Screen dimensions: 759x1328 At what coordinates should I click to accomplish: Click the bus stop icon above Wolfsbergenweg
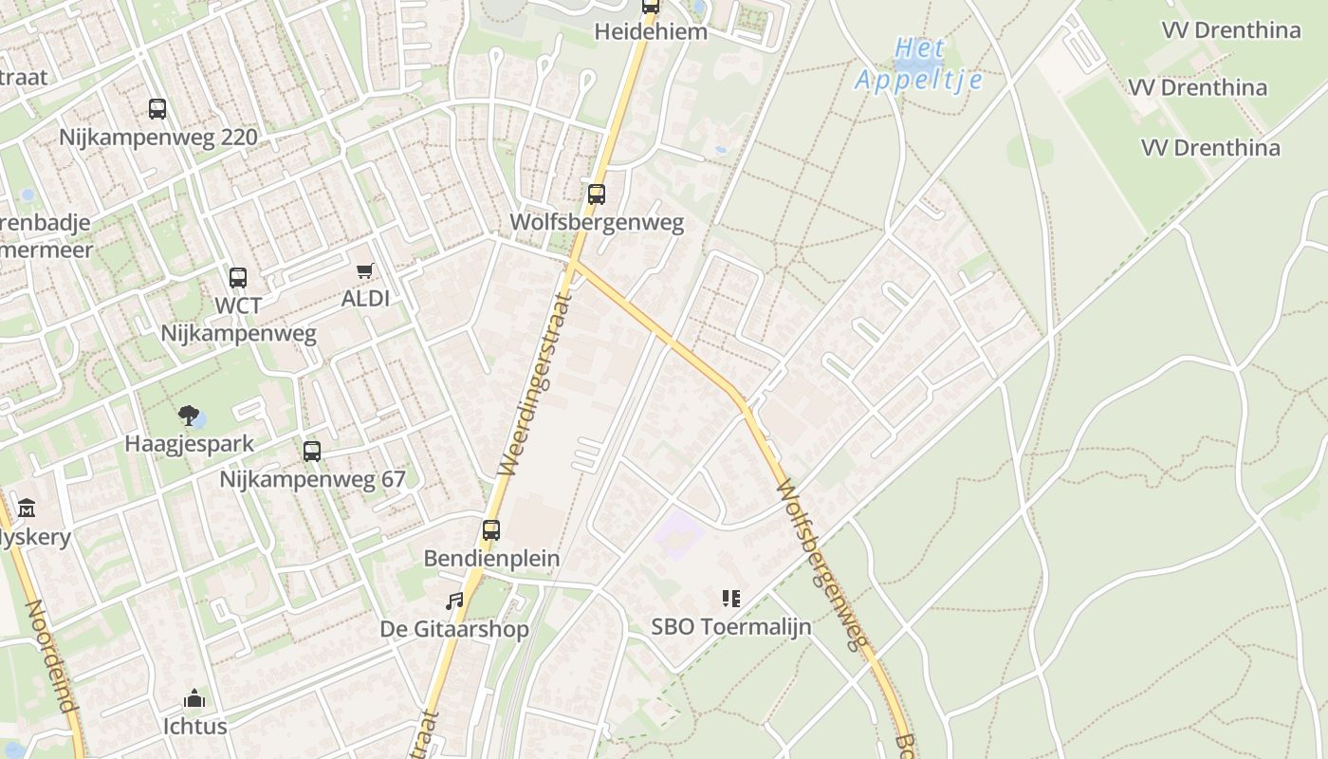click(x=596, y=194)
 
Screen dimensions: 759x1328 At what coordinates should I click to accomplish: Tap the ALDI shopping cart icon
click(x=365, y=272)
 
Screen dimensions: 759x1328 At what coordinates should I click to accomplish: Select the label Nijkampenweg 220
click(x=158, y=138)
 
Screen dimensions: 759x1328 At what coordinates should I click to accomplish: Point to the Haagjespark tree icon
click(x=189, y=415)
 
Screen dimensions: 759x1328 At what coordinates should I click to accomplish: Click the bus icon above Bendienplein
click(x=490, y=530)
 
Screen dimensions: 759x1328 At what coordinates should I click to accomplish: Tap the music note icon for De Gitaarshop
click(x=455, y=602)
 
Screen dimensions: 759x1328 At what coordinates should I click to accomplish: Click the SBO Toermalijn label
click(x=730, y=627)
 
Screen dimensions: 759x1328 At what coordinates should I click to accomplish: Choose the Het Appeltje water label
click(x=918, y=65)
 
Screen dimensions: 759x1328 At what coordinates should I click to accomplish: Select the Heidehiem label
click(x=651, y=31)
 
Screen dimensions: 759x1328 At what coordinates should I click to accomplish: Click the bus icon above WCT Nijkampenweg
click(x=238, y=278)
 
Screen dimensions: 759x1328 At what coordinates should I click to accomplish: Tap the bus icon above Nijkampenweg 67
click(x=312, y=452)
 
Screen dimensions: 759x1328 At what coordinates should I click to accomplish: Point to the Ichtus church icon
click(x=194, y=699)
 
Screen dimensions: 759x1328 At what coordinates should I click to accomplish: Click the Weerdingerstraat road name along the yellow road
click(x=535, y=384)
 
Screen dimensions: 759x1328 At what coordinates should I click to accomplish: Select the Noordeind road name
click(x=50, y=656)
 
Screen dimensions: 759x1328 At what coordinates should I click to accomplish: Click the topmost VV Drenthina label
click(x=1231, y=30)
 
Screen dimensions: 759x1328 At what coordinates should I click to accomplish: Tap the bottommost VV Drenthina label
click(x=1210, y=148)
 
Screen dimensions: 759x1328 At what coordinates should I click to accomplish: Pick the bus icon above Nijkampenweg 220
click(x=157, y=109)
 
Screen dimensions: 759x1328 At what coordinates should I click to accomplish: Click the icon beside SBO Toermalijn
click(x=730, y=599)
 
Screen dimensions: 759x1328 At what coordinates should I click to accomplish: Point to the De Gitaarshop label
click(x=454, y=629)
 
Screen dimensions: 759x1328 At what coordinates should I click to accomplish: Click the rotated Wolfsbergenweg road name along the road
click(x=821, y=565)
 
